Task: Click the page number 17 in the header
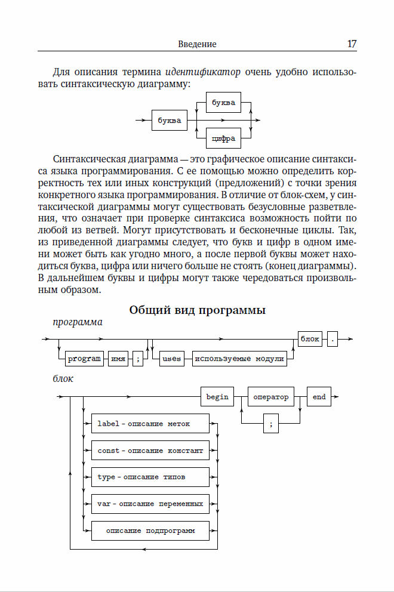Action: click(352, 44)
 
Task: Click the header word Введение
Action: click(197, 45)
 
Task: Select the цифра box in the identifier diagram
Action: click(223, 139)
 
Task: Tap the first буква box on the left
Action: click(169, 121)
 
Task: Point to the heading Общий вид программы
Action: click(197, 310)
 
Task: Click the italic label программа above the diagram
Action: click(78, 322)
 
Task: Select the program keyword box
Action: click(84, 359)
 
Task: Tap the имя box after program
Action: click(118, 359)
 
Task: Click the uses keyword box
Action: click(171, 359)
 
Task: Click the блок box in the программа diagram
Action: click(310, 339)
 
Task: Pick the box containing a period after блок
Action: click(333, 340)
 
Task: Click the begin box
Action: click(217, 397)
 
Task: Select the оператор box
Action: click(270, 397)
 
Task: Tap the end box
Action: click(319, 397)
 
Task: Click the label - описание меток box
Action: click(150, 424)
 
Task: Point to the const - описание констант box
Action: click(150, 451)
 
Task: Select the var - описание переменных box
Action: click(150, 504)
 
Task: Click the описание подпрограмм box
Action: click(150, 531)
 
